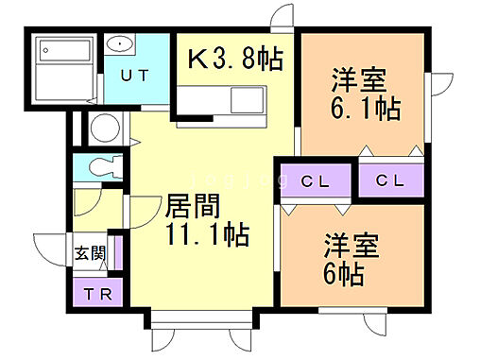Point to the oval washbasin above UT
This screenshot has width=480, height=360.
click(119, 45)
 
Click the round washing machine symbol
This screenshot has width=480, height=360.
click(103, 128)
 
